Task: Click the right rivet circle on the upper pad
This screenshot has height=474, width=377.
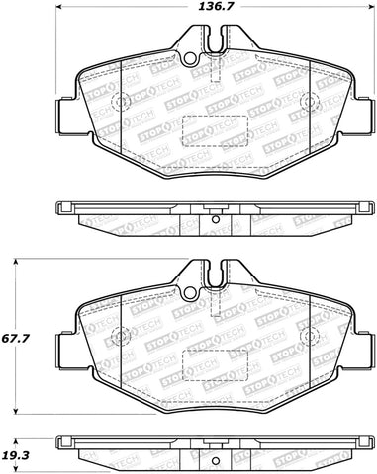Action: click(x=307, y=103)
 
